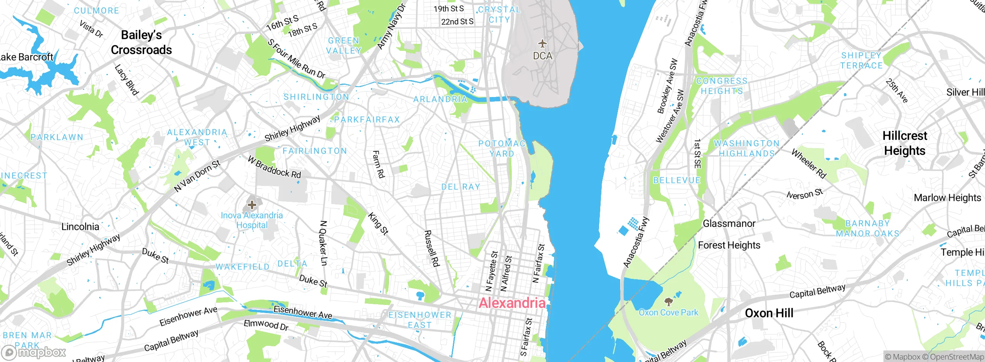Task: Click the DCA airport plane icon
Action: point(542,43)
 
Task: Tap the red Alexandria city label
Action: point(512,303)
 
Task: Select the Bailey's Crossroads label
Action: point(141,42)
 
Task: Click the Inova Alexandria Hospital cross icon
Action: point(252,204)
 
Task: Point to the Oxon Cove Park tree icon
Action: point(668,302)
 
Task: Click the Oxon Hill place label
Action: point(769,313)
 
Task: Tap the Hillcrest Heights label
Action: point(905,143)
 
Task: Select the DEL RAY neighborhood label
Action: point(461,187)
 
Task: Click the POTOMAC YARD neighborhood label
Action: point(502,149)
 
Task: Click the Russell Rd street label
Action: point(431,248)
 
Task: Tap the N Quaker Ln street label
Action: point(324,243)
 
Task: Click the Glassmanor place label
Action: point(729,223)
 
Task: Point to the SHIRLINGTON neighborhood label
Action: point(316,97)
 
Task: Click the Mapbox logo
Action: point(34,352)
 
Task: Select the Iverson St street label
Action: point(805,194)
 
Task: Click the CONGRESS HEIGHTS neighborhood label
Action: point(722,86)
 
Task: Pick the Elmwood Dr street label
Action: point(266,325)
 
